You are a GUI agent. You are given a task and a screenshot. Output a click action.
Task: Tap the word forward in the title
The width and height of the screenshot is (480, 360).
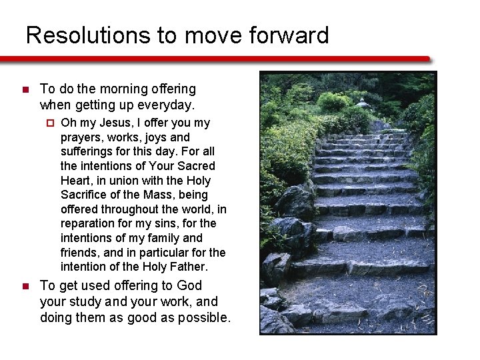(288, 35)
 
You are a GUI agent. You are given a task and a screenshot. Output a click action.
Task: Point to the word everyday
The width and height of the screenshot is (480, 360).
(166, 105)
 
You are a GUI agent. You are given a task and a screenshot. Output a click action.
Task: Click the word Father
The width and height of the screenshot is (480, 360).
(188, 267)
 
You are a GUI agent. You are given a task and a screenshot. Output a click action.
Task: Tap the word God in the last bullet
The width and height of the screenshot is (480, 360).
(189, 285)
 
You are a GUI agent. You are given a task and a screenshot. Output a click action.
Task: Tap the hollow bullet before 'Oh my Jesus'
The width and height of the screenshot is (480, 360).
(49, 123)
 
